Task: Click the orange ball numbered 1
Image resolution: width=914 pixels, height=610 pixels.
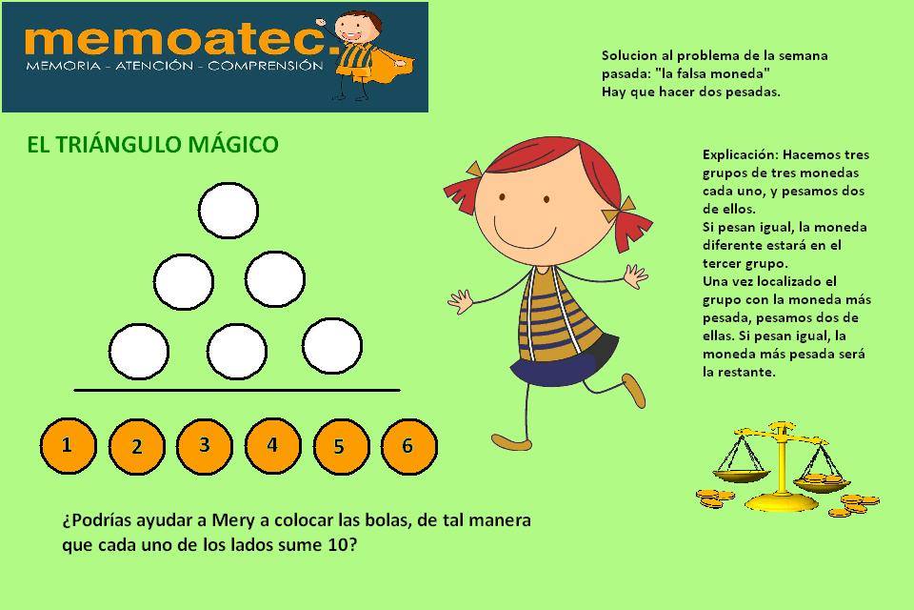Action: tap(69, 445)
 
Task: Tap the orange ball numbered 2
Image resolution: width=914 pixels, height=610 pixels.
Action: tap(137, 447)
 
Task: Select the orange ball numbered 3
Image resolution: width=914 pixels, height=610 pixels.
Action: tap(205, 445)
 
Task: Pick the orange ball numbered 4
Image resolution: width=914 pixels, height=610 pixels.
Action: tap(273, 445)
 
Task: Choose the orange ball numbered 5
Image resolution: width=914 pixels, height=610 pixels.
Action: tap(341, 447)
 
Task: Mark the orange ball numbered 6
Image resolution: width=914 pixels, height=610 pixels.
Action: tap(408, 447)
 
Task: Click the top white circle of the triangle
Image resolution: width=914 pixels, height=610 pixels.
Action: tap(228, 210)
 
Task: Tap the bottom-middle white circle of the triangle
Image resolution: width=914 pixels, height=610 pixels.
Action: tap(237, 352)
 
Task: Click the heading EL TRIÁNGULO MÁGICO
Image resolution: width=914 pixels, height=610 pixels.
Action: tap(152, 144)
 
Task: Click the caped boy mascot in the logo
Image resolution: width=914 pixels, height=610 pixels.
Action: tap(365, 55)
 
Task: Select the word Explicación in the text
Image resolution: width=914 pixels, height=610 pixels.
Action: tap(740, 154)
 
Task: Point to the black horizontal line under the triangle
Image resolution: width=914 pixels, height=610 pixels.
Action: tap(237, 390)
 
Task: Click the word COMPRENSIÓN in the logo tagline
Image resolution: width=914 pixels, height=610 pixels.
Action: tap(266, 66)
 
